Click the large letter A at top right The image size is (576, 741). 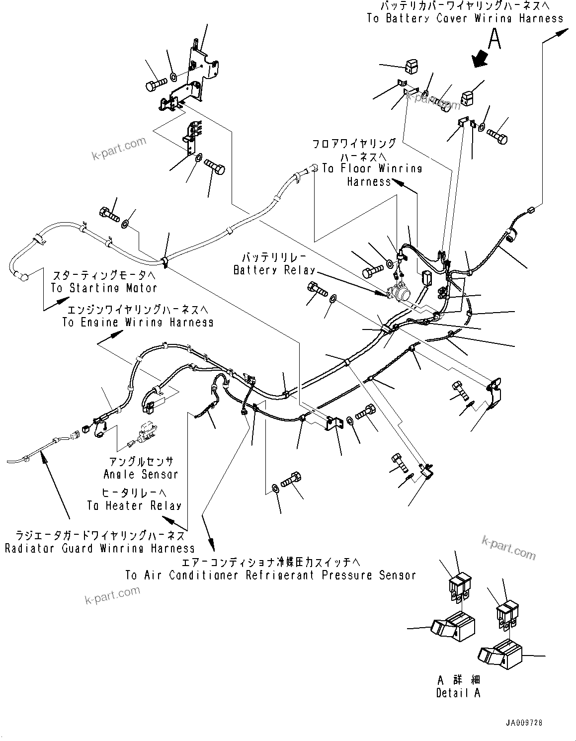[494, 39]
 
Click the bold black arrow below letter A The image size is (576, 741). [481, 59]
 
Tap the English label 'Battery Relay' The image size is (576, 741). [274, 270]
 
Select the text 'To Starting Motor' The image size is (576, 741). [104, 288]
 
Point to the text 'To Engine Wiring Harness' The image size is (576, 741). [138, 322]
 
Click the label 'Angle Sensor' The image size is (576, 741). [140, 474]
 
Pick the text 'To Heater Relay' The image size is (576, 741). [134, 505]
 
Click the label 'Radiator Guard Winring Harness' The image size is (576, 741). [99, 549]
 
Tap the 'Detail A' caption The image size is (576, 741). [458, 693]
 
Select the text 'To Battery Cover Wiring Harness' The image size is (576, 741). [465, 18]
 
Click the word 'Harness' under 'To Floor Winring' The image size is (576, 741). [369, 182]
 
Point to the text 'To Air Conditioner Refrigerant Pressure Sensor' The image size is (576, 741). [270, 575]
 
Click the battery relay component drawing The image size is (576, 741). [399, 293]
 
